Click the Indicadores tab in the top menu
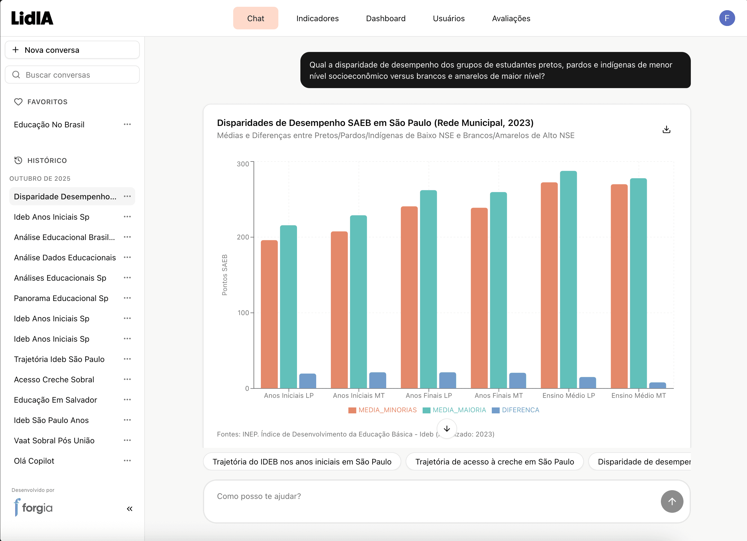pyautogui.click(x=317, y=18)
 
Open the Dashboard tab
pyautogui.click(x=385, y=18)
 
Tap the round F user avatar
pyautogui.click(x=727, y=18)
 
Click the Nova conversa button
pyautogui.click(x=72, y=50)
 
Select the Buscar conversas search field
pyautogui.click(x=72, y=75)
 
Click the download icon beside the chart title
pyautogui.click(x=666, y=130)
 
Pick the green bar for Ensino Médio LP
pyautogui.click(x=568, y=280)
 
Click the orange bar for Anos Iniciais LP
pyautogui.click(x=269, y=315)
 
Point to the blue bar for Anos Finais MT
pyautogui.click(x=517, y=381)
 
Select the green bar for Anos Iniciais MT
pyautogui.click(x=358, y=302)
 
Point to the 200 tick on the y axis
pyautogui.click(x=243, y=237)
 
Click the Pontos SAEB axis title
pyautogui.click(x=225, y=275)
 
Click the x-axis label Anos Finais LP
pyautogui.click(x=429, y=396)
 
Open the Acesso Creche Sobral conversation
pyautogui.click(x=54, y=379)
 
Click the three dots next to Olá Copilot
pyautogui.click(x=127, y=461)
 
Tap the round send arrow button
pyautogui.click(x=672, y=501)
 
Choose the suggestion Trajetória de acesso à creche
pyautogui.click(x=494, y=462)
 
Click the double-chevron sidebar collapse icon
pyautogui.click(x=129, y=509)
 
